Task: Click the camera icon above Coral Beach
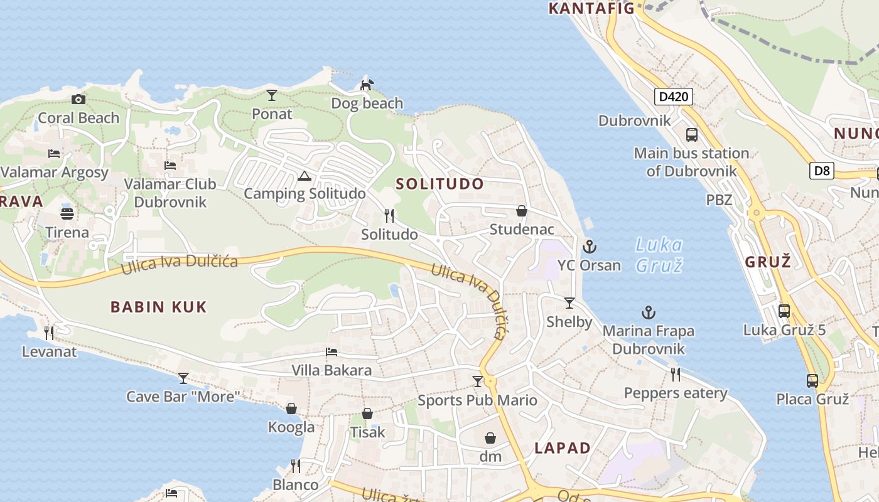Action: coord(78,99)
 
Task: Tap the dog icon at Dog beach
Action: coord(367,85)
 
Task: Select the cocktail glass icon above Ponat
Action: coord(272,95)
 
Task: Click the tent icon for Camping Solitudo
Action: coord(305,176)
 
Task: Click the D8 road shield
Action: coord(821,171)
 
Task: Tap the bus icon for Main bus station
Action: coord(691,134)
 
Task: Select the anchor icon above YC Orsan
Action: coord(589,247)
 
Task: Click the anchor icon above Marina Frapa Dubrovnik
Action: coord(648,312)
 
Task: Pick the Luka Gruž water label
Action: coord(659,255)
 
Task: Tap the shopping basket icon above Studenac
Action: coord(522,211)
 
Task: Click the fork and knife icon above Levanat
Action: coord(49,333)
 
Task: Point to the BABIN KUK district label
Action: coord(159,307)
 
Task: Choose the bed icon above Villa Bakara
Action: coord(332,352)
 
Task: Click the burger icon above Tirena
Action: coord(67,213)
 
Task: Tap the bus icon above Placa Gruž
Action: coord(812,380)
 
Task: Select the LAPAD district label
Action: coord(563,448)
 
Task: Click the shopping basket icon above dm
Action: coord(490,438)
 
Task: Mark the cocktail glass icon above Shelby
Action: coord(569,303)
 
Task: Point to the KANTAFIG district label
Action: coord(591,8)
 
